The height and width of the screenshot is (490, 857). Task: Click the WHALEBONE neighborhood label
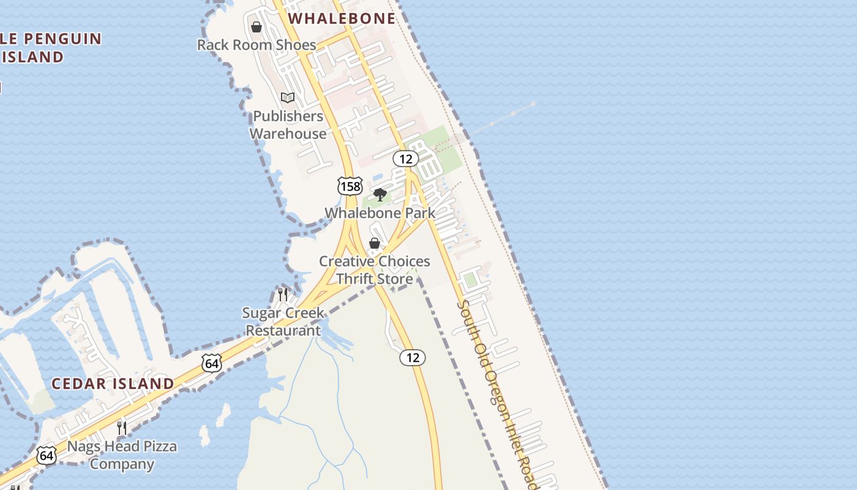[342, 18]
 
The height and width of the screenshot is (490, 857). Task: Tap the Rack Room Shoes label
[256, 45]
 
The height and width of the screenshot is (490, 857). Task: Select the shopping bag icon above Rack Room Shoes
[256, 27]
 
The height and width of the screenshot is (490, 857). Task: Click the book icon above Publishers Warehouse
[287, 97]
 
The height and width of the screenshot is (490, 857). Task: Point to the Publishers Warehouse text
[288, 124]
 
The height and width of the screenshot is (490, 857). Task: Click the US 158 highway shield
[350, 186]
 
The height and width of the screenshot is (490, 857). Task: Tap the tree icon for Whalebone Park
[380, 195]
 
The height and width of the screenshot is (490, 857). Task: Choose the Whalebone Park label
[380, 213]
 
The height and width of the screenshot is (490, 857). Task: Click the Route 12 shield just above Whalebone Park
[405, 159]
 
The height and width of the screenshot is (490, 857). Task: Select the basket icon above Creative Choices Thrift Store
[375, 243]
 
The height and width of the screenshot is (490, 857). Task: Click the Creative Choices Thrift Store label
[375, 270]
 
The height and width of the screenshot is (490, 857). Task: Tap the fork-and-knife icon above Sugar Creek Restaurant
[282, 295]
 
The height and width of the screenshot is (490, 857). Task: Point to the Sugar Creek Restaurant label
[283, 322]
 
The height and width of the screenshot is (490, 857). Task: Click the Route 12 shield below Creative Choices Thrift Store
[413, 357]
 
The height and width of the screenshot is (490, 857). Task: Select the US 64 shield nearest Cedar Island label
[211, 363]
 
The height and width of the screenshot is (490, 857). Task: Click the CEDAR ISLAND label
[113, 384]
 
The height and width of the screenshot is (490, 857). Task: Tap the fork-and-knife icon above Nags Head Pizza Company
[122, 428]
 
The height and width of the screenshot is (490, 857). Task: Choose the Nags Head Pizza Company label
[122, 454]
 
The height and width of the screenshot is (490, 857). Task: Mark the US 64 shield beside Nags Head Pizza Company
[47, 455]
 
